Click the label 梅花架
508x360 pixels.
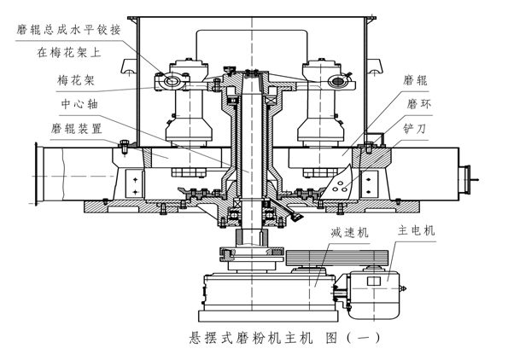coord(76,79)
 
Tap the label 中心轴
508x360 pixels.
coord(79,104)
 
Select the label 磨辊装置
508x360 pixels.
coord(77,129)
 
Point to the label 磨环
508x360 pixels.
coord(419,104)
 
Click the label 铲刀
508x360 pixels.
coord(414,129)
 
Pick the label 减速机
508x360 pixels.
coord(349,232)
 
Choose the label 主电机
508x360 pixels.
coord(417,230)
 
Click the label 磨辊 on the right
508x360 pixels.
coord(415,80)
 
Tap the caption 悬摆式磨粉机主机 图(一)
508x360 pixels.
coord(284,338)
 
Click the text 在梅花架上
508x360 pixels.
coord(69,52)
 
